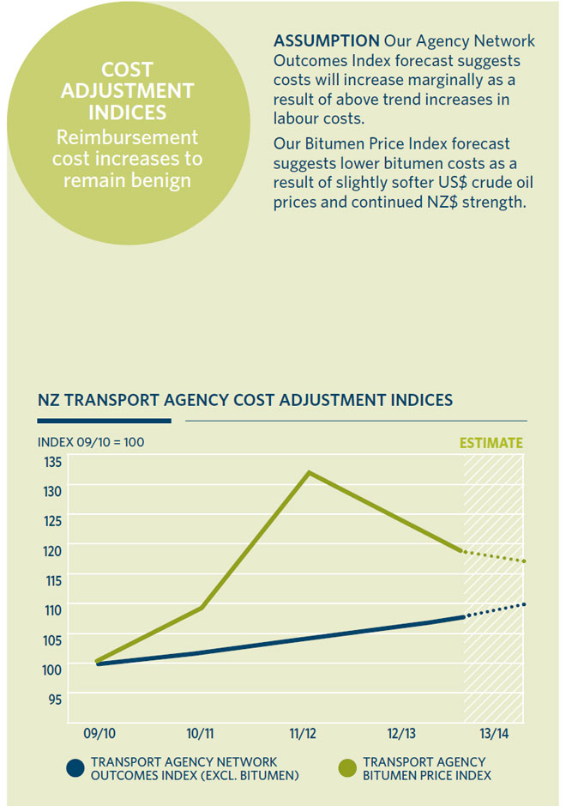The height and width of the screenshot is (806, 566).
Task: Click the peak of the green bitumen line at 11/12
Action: tap(309, 472)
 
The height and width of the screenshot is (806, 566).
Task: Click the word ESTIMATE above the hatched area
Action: tap(491, 443)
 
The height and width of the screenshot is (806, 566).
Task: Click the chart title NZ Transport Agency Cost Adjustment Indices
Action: tap(245, 400)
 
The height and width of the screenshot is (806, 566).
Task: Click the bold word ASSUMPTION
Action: tap(326, 41)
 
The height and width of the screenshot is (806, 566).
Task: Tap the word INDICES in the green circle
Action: tap(127, 113)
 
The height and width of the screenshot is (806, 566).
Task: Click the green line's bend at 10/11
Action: tap(202, 608)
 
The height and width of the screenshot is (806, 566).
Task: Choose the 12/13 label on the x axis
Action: tap(401, 734)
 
